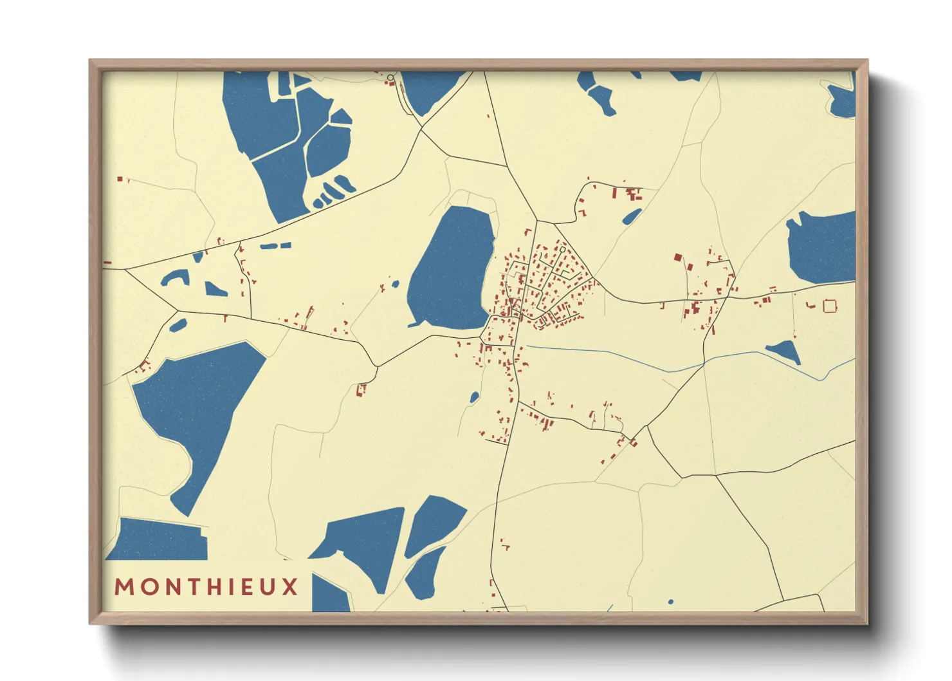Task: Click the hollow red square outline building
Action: click(830, 306)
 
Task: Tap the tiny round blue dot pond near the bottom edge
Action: click(670, 602)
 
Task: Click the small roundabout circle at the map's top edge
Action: click(390, 78)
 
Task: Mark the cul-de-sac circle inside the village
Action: click(562, 249)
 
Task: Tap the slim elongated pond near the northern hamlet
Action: click(632, 216)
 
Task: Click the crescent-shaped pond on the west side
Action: click(174, 277)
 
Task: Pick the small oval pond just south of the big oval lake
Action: click(474, 397)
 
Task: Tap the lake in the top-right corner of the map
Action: click(843, 100)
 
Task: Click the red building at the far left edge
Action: click(107, 263)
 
